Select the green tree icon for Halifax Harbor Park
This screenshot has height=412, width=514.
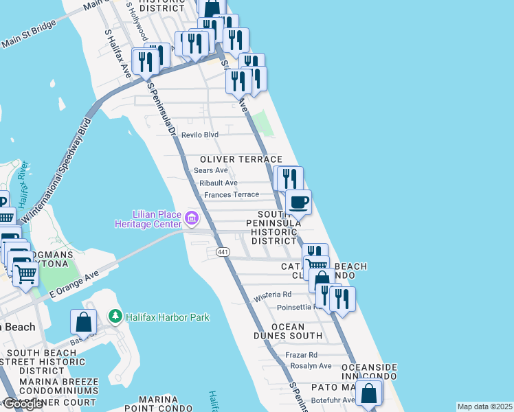coord(115,317)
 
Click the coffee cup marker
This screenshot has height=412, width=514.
coord(298,203)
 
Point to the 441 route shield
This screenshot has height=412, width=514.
coord(222,253)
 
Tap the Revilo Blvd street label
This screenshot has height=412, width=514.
coord(200,135)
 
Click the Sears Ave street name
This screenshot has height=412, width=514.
coord(210,170)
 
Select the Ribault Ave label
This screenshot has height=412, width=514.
coord(218,183)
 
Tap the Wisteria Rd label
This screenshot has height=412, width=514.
coord(273,297)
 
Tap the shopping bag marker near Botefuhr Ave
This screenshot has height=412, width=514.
coord(369,393)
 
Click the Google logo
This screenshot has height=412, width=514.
coord(23,404)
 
